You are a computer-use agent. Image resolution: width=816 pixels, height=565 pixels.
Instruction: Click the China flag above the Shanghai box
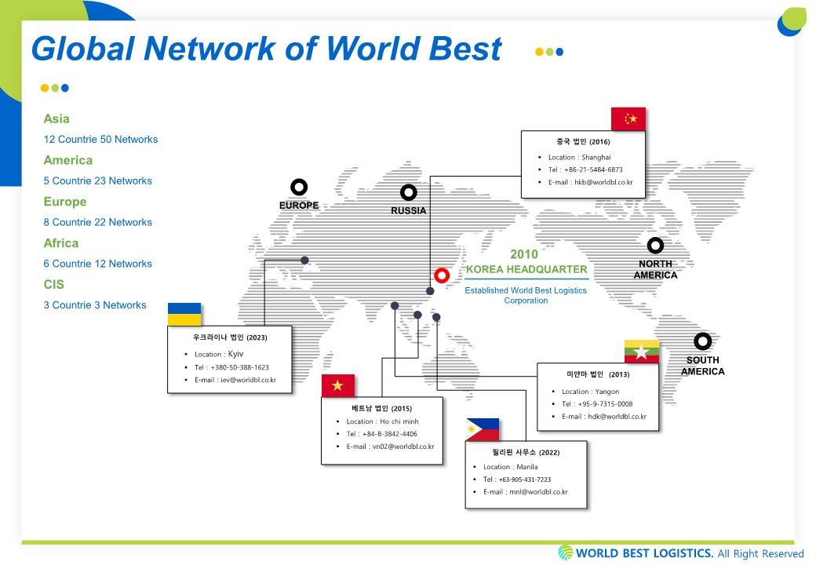tap(628, 119)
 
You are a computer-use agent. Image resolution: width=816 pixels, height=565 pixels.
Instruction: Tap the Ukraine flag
tap(184, 314)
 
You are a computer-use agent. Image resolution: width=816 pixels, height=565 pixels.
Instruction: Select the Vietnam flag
tap(337, 385)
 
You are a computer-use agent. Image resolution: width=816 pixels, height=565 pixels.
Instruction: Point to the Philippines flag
tap(483, 430)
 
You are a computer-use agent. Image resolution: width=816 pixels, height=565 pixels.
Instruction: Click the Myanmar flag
tap(642, 352)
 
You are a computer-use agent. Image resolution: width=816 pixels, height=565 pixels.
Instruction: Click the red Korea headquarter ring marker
tap(442, 275)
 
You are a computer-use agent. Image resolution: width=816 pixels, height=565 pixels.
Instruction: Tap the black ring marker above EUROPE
tap(299, 187)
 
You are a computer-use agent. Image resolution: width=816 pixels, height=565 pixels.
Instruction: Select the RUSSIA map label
tap(409, 211)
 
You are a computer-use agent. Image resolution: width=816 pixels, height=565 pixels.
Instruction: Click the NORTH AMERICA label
tap(655, 269)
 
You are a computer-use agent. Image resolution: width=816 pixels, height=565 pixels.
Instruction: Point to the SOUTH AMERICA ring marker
tap(702, 341)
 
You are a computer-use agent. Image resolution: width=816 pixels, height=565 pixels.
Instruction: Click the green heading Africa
tap(61, 243)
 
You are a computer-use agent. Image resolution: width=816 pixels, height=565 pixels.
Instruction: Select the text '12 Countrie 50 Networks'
tap(100, 140)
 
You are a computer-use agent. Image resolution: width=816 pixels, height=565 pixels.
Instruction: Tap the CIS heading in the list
tap(53, 285)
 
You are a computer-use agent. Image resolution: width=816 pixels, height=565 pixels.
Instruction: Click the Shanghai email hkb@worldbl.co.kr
tap(603, 182)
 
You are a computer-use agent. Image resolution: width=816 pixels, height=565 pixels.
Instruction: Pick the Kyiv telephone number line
tap(231, 367)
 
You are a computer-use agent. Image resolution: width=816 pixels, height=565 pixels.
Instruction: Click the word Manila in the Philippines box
tap(527, 467)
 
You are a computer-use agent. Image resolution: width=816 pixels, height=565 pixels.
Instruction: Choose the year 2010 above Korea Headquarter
tap(524, 254)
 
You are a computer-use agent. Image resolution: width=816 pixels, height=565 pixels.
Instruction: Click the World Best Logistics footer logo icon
tap(565, 552)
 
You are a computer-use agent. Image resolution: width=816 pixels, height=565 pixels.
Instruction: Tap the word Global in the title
tap(83, 49)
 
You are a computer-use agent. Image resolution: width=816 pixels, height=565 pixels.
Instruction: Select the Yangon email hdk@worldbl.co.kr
tap(617, 416)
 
